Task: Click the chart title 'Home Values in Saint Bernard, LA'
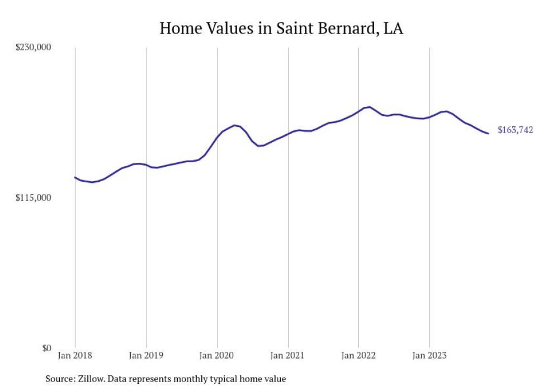pos(281,28)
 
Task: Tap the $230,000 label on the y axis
pos(33,48)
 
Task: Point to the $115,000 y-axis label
pos(33,198)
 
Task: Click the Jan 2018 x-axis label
pos(75,355)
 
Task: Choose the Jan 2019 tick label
pos(146,355)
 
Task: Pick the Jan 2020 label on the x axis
pos(217,355)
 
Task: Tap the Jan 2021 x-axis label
pos(287,355)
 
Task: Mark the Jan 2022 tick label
pos(358,355)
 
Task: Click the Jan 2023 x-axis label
pos(429,355)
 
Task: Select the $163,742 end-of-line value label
pos(515,130)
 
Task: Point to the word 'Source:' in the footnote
pos(60,379)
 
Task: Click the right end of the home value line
pos(489,133)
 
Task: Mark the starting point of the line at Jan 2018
pos(75,177)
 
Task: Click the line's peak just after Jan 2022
pos(370,107)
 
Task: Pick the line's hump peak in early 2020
pos(234,125)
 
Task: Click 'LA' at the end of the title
pos(393,28)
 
